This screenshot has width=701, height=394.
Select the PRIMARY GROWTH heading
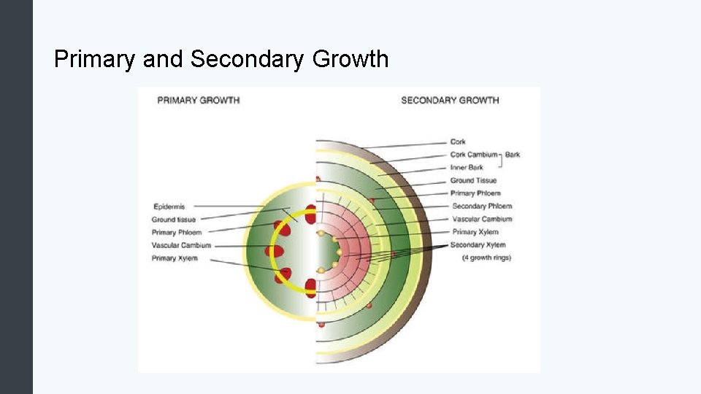(198, 100)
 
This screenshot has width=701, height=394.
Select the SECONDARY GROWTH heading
(450, 100)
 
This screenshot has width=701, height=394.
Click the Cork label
(458, 142)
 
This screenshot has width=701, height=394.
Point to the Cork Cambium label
(474, 155)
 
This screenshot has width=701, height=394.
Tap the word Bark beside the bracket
(512, 155)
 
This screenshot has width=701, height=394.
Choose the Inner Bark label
(467, 168)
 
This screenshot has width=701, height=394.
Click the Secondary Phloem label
(482, 206)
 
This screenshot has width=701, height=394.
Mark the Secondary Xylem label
(478, 245)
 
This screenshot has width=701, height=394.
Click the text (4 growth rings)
(486, 258)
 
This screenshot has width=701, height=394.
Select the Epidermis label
(169, 206)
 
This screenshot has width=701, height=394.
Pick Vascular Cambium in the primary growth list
(181, 245)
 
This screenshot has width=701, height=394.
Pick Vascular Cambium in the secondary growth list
(482, 219)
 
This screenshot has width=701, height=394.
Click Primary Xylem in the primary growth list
(175, 258)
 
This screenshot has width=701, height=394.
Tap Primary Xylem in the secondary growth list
(475, 232)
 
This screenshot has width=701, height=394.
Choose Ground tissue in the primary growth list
(173, 219)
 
